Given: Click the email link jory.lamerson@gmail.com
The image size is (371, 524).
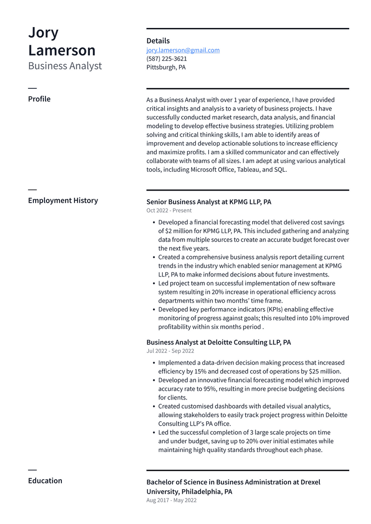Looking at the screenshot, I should tap(183, 50).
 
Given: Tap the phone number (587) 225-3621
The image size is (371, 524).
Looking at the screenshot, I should tap(167, 59).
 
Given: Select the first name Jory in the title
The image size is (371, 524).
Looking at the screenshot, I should tap(43, 33).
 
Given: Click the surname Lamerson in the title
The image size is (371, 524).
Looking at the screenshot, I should tap(62, 50).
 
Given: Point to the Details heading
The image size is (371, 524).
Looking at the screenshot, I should tap(158, 41).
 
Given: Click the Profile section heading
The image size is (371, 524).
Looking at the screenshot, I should tap(39, 99).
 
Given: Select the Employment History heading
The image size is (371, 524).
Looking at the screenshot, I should tap(63, 200).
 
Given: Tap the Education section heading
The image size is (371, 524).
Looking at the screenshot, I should tap(45, 481).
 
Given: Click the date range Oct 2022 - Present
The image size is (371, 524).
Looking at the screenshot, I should tap(169, 210).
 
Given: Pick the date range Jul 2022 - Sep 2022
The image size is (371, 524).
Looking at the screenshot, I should tap(170, 351).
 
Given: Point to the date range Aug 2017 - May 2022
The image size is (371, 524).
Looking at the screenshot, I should tap(171, 500).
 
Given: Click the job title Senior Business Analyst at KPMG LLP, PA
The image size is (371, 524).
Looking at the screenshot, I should tap(209, 202).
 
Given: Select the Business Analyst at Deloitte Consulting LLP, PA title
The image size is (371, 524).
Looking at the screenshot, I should tap(218, 342).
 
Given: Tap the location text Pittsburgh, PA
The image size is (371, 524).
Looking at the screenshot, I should tap(166, 68).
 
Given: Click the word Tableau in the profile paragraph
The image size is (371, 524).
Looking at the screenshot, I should tap(248, 170).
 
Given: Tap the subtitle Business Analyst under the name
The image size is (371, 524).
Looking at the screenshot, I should tap(65, 66).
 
